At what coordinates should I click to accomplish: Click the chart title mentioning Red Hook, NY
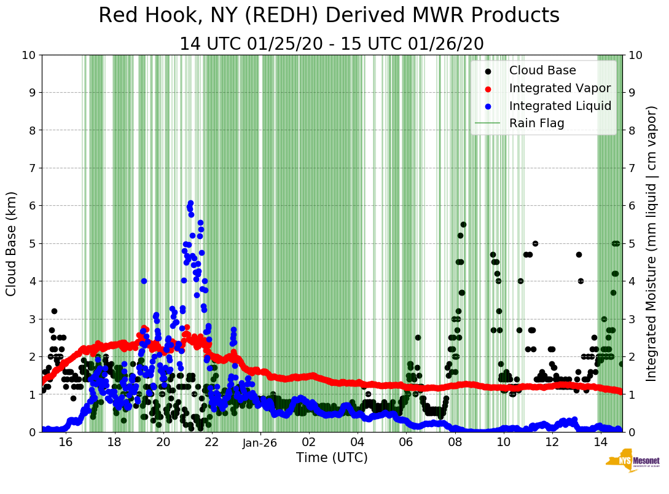click(x=329, y=16)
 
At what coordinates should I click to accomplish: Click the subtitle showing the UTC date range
click(x=331, y=44)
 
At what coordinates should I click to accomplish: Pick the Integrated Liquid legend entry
click(x=560, y=106)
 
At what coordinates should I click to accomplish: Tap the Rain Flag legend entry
click(x=536, y=123)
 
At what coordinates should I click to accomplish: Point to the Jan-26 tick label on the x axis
click(x=260, y=442)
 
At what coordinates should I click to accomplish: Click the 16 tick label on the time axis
click(x=66, y=442)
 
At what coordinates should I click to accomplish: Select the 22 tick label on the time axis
click(x=211, y=442)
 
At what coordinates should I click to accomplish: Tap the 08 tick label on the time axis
click(x=455, y=442)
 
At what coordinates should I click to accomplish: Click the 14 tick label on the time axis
click(x=600, y=442)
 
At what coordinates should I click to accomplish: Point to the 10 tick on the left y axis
click(x=28, y=55)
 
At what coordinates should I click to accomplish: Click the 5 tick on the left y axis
click(x=32, y=244)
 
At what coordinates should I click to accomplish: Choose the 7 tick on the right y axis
click(x=631, y=168)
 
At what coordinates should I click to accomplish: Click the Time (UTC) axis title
click(x=332, y=458)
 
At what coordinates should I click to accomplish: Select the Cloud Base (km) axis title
click(x=11, y=243)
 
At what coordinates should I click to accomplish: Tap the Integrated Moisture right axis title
click(x=652, y=243)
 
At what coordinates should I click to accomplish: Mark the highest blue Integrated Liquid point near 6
click(x=190, y=203)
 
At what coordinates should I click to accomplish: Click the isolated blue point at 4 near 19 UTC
click(x=144, y=281)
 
